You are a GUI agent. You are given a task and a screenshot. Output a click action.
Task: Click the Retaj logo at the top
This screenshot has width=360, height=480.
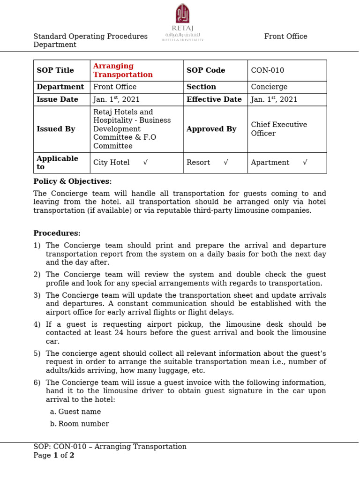coord(182,22)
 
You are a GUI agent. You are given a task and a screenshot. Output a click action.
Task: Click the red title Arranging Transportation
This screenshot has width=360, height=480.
coord(123,70)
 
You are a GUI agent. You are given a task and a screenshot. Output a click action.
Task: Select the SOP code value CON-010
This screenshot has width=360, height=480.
coord(267,70)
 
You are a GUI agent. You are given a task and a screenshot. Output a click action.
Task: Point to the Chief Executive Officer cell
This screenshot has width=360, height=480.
coord(279,129)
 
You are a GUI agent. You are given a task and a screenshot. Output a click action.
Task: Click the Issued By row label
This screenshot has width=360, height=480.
coord(56,129)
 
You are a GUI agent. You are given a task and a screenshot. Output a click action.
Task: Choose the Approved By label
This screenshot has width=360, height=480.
coord(211,129)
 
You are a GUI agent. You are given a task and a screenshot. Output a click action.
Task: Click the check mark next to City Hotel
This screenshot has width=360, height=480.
coord(146,163)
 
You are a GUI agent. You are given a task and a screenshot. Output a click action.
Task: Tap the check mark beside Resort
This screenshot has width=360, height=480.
coord(226,163)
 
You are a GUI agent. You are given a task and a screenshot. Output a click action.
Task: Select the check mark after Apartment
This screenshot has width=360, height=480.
coord(305,163)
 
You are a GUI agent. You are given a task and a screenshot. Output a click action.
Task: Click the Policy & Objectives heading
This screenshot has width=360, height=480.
coord(73,181)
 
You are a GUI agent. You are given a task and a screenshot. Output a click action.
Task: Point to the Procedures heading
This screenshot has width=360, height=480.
coord(57,233)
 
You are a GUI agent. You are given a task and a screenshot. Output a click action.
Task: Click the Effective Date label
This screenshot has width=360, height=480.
coord(214,99)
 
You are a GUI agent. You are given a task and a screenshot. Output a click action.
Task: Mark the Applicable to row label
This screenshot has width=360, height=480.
coord(58,163)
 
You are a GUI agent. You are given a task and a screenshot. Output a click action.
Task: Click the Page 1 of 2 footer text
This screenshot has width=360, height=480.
coord(54,455)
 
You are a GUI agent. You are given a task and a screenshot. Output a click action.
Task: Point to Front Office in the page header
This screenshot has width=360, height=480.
coord(285,37)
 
